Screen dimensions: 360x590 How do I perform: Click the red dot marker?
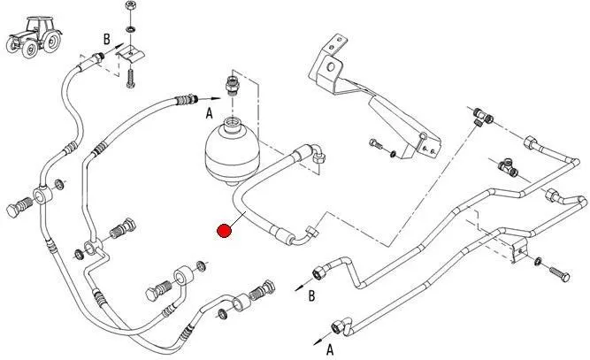(x=225, y=232)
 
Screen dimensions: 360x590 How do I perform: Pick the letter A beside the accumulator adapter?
(x=209, y=112)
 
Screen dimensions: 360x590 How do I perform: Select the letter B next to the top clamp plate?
(x=106, y=38)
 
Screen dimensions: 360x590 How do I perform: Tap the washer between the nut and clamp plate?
(x=130, y=33)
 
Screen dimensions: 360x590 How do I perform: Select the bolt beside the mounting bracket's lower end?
(x=378, y=146)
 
